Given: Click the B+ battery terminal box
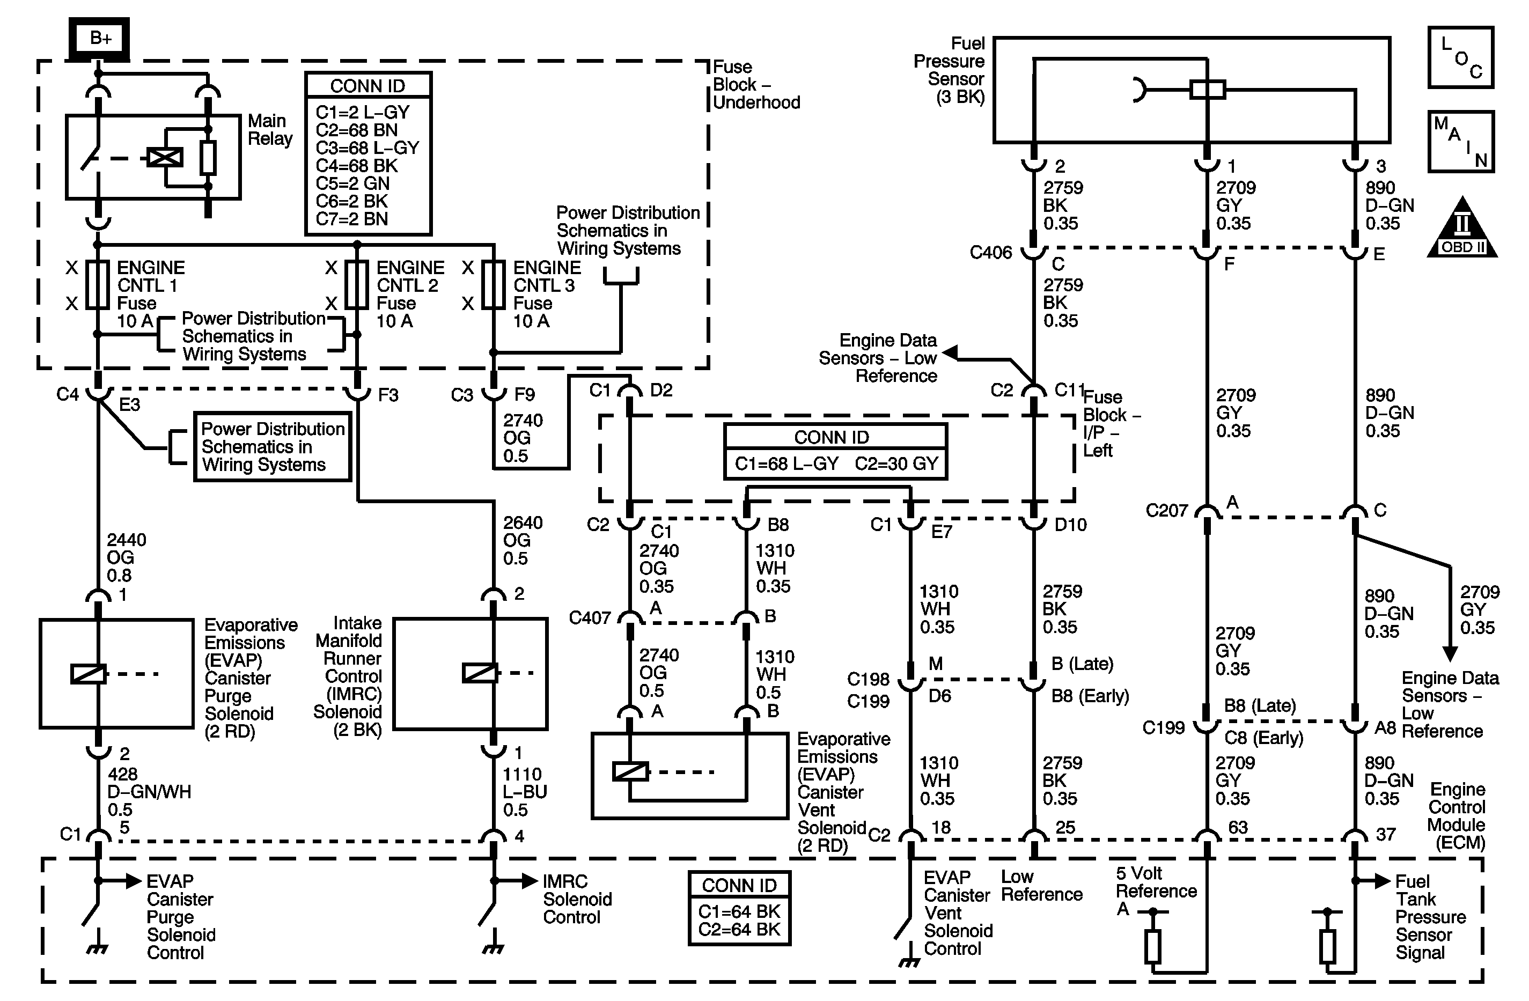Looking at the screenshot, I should pos(100,38).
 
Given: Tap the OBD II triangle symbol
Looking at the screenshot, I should pos(1462,230).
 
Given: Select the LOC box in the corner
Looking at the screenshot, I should pos(1460,57).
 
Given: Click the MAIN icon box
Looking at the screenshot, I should pos(1460,141).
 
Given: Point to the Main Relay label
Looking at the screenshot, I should pos(270,130).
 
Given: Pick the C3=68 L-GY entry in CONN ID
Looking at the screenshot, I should pos(367,148).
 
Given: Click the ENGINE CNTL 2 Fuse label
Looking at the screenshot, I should pos(409,293).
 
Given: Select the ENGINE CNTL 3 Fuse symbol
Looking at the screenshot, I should pos(494,285).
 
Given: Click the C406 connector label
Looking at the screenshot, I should pos(991,253).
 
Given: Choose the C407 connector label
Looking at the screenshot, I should pos(589,618).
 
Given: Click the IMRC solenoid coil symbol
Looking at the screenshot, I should pos(479,673).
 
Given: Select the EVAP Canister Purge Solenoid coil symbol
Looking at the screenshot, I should pos(87,673).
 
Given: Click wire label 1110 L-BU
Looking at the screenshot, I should pos(524,792).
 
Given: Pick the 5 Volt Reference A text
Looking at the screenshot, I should pos(1156,890).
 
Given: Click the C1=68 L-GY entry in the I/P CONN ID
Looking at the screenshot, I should pos(786,463).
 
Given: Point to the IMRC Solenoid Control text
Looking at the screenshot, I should pos(577,899).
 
